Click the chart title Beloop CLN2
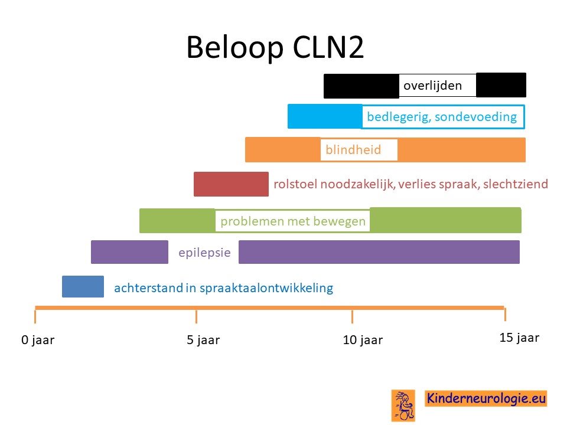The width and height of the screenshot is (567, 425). pyautogui.click(x=275, y=47)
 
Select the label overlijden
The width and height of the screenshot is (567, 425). pyautogui.click(x=432, y=86)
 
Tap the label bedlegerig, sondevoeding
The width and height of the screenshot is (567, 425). pyautogui.click(x=442, y=117)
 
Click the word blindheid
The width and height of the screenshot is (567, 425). pyautogui.click(x=353, y=149)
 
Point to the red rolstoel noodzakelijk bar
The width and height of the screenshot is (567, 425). pyautogui.click(x=231, y=184)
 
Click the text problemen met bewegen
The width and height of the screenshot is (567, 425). pyautogui.click(x=293, y=221)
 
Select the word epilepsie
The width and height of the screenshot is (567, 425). pyautogui.click(x=205, y=252)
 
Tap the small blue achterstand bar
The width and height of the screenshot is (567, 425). pyautogui.click(x=83, y=287)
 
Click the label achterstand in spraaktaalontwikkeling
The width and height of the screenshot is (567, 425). pyautogui.click(x=223, y=288)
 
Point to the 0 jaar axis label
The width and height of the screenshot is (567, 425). pyautogui.click(x=38, y=340)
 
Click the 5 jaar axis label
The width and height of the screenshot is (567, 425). pyautogui.click(x=203, y=340)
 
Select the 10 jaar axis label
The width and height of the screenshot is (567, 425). pyautogui.click(x=363, y=340)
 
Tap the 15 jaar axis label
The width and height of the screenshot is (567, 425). pyautogui.click(x=519, y=338)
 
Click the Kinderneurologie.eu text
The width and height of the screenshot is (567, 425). pyautogui.click(x=486, y=398)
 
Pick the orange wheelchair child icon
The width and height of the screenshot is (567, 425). pyautogui.click(x=403, y=406)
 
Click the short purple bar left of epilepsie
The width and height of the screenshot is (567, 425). pyautogui.click(x=129, y=252)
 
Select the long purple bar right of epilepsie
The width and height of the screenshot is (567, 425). pyautogui.click(x=379, y=252)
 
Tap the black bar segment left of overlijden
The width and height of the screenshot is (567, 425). pyautogui.click(x=361, y=86)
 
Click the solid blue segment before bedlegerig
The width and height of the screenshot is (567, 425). pyautogui.click(x=325, y=116)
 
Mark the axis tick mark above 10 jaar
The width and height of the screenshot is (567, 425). pyautogui.click(x=352, y=316)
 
